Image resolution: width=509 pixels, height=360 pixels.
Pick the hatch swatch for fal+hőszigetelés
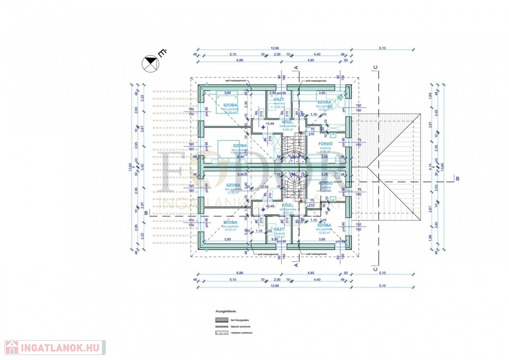[x=221, y=320]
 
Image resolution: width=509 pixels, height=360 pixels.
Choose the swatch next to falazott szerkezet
[x=221, y=326]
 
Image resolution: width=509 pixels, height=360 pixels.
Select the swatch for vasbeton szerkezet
[x=221, y=333]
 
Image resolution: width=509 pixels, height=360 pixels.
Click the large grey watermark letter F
[x=171, y=172]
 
